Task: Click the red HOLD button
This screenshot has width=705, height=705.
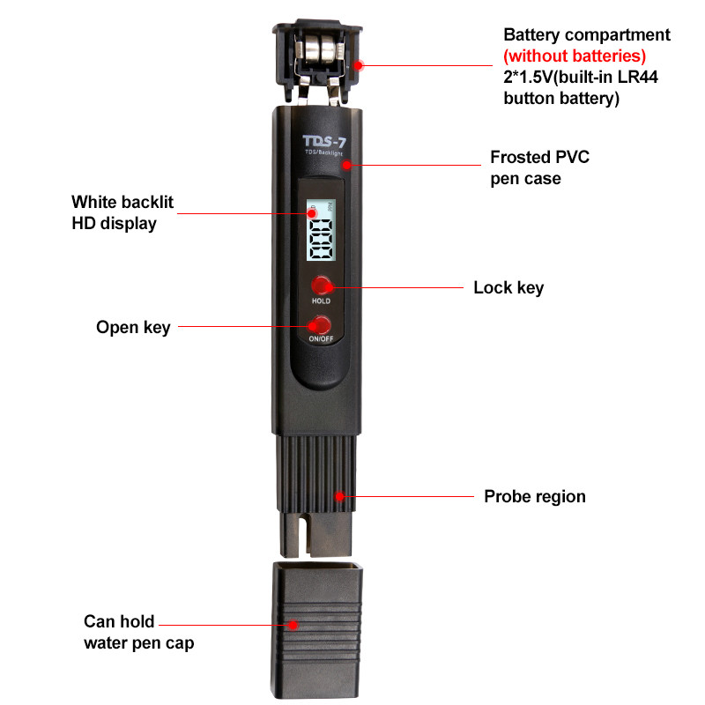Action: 321,285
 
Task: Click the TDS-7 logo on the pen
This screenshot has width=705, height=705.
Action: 323,141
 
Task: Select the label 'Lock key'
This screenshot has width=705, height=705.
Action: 508,288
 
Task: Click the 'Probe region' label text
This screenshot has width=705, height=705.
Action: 534,496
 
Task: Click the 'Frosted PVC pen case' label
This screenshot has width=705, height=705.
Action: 539,167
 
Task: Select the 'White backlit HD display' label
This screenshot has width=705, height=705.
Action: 122,212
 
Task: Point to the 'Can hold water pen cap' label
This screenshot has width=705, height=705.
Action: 138,632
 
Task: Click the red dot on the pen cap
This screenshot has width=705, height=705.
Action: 294,624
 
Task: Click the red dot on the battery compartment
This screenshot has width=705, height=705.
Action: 358,63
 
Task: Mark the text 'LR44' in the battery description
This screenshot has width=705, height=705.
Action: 640,78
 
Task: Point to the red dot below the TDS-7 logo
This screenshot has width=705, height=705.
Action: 347,164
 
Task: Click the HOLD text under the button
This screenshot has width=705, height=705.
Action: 321,301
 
